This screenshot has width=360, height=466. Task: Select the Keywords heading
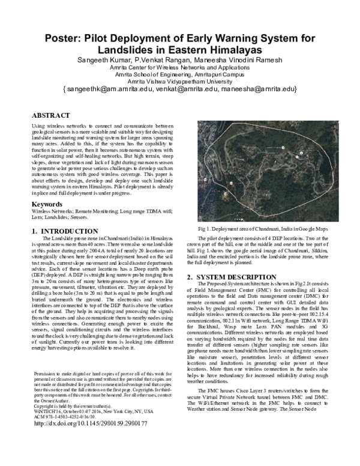point(47,204)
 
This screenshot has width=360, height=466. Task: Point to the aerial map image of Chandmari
point(271,171)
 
